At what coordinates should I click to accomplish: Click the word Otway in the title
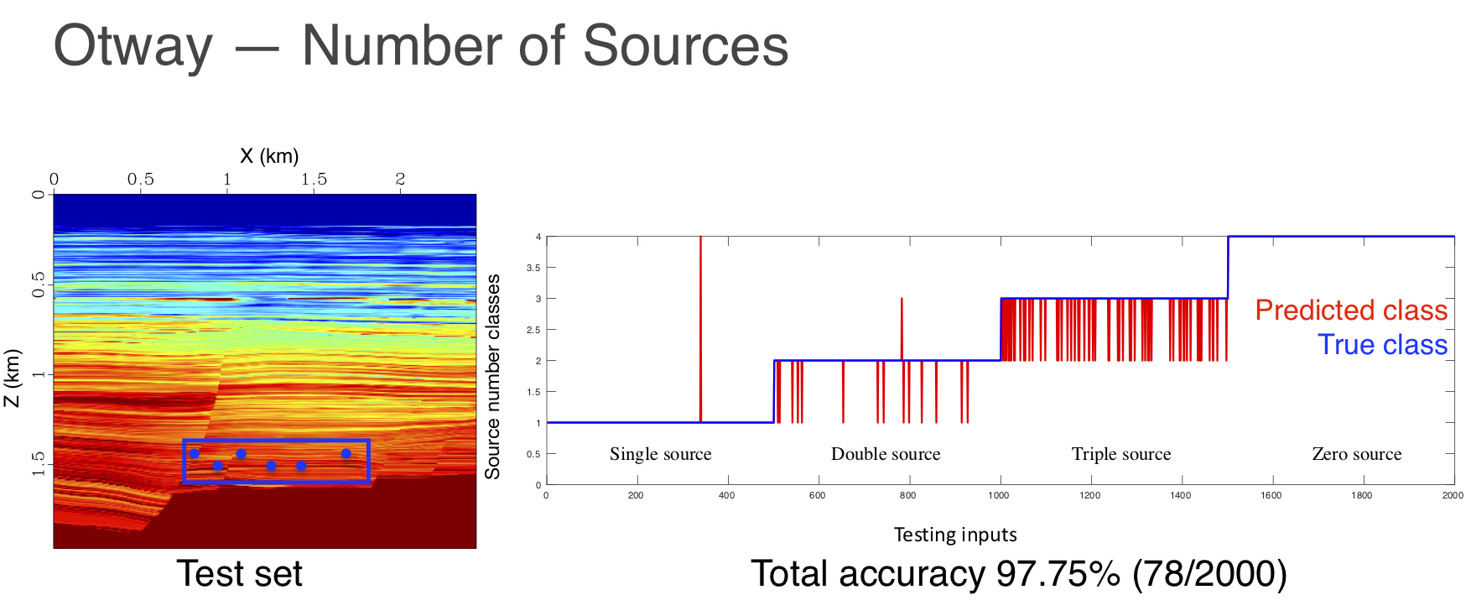133,46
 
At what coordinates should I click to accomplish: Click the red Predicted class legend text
1350,311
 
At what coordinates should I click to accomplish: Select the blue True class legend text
1382,345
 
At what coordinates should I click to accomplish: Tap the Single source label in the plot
660,454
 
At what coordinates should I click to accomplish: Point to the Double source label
886,454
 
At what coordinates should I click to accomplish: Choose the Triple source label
1120,454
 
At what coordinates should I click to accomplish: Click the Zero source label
1356,454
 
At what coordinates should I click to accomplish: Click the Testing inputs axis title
955,535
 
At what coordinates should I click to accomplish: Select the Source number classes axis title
492,377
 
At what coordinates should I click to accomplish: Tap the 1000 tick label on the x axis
998,495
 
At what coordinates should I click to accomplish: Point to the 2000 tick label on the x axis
1453,495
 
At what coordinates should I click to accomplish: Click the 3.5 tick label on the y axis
533,268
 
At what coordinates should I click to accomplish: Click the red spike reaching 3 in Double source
902,323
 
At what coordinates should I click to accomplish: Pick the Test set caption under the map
239,574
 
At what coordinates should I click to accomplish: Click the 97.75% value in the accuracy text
1058,574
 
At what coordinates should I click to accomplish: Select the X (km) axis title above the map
269,156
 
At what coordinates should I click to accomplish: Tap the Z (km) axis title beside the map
12,378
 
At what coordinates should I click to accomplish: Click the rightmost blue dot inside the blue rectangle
346,454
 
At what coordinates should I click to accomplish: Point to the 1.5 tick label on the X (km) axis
314,179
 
